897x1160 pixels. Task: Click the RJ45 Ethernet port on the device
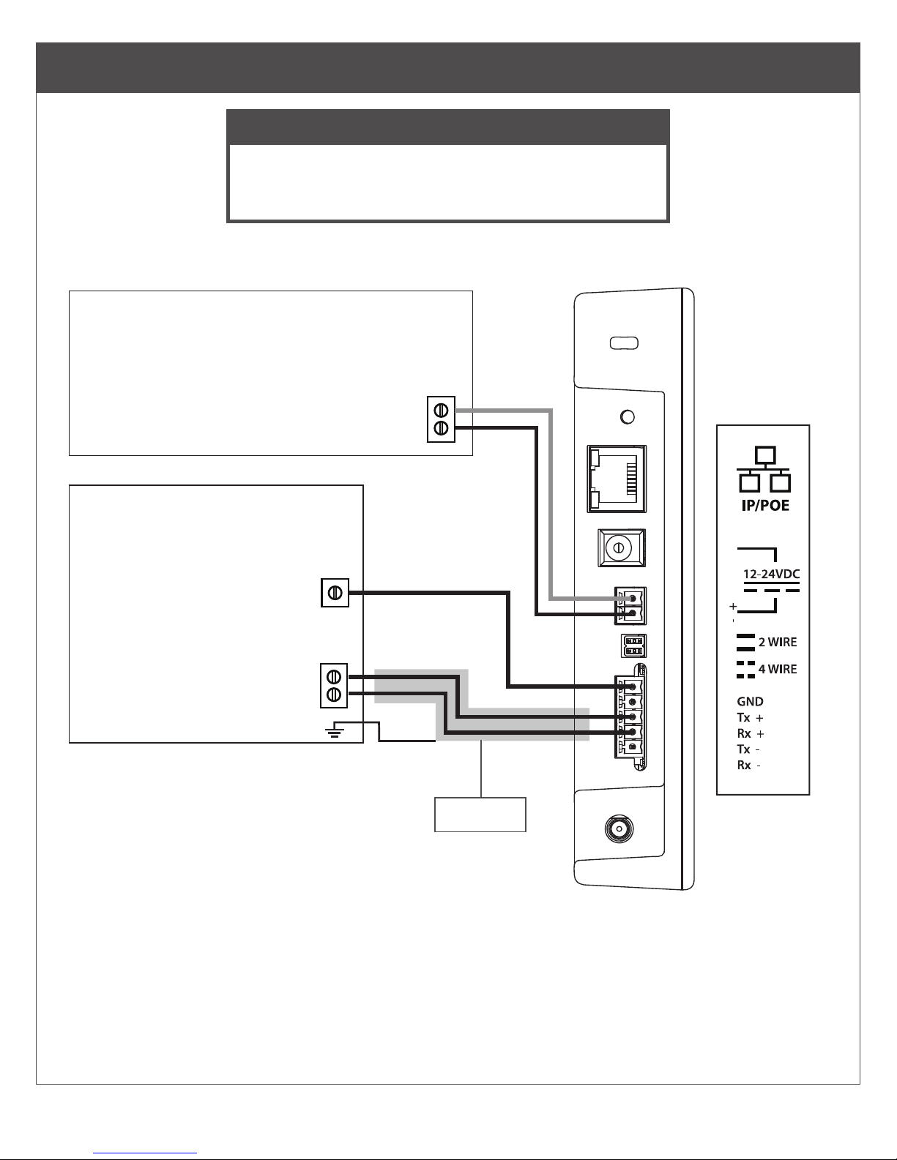pyautogui.click(x=617, y=479)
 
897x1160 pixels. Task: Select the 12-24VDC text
pyautogui.click(x=770, y=575)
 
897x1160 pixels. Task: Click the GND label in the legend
pyautogui.click(x=750, y=701)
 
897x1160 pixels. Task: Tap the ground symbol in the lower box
pyautogui.click(x=335, y=730)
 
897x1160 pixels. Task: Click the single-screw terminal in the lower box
pyautogui.click(x=335, y=593)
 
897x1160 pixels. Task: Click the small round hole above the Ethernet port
pyautogui.click(x=627, y=417)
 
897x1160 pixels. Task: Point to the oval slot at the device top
pyautogui.click(x=623, y=343)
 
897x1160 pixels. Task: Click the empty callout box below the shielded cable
pyautogui.click(x=480, y=814)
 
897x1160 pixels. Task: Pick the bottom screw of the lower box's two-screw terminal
pyautogui.click(x=334, y=693)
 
